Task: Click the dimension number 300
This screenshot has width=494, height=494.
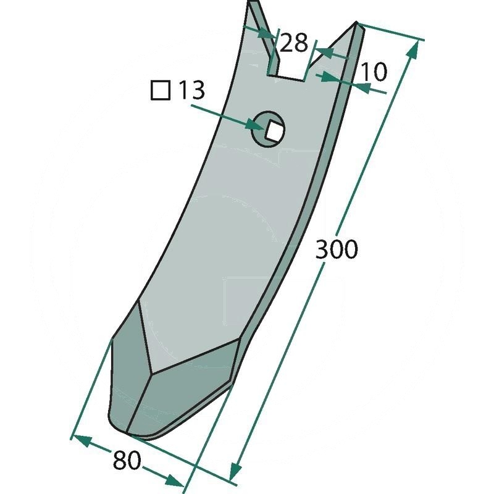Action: coord(337,249)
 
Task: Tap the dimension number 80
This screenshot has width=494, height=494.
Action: coord(127,460)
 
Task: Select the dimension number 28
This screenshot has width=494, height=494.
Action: coord(293,43)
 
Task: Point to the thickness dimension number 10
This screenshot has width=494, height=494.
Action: coord(373,72)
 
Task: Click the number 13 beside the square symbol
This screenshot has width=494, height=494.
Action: coord(191,90)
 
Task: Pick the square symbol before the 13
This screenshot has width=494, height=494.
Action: coord(161,90)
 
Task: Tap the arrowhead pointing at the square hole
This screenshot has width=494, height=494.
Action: coord(255,125)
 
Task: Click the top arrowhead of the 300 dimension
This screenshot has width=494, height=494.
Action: coord(414,50)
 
